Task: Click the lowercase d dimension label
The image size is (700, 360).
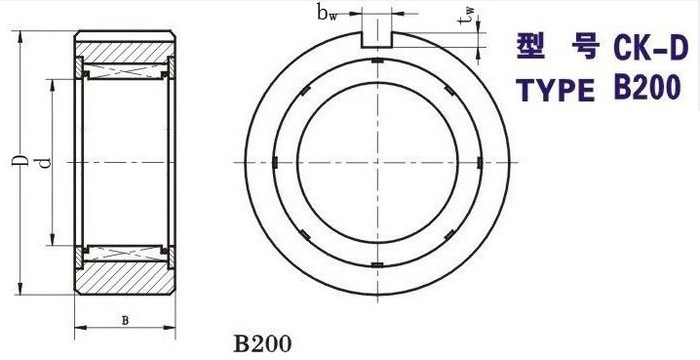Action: point(45,163)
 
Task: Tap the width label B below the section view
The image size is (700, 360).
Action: point(125,320)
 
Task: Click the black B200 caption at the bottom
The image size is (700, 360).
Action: point(262,344)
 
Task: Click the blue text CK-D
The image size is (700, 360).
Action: point(648,48)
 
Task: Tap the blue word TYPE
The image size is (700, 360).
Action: point(556,90)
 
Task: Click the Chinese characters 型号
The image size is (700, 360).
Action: point(557,47)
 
